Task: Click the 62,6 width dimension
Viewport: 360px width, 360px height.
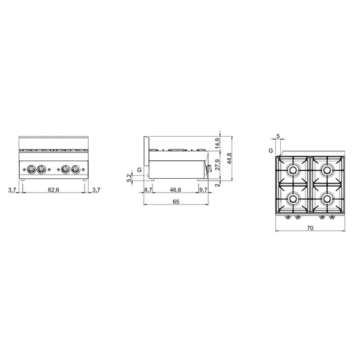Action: point(53,190)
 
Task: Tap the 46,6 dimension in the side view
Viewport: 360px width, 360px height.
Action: point(175,190)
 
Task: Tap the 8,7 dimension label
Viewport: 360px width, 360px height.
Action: point(148,190)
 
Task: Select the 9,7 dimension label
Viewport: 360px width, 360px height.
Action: point(203,190)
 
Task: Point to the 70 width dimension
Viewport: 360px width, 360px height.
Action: point(310,229)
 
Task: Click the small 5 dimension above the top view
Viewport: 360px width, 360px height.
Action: point(278,137)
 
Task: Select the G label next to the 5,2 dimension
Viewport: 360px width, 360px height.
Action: point(139,170)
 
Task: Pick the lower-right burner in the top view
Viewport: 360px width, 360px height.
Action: point(326,199)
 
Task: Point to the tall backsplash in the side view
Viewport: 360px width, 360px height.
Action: point(145,155)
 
